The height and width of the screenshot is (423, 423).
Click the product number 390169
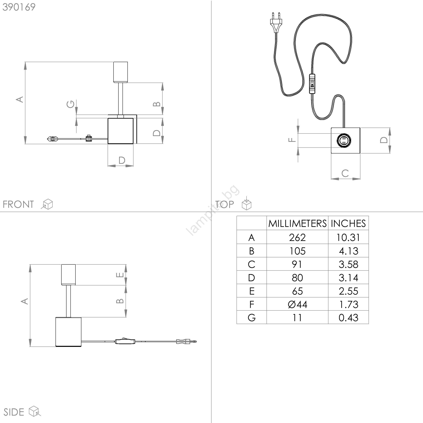[19, 7]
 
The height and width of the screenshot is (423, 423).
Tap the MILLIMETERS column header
[297, 224]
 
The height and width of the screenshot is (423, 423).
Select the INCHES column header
[348, 224]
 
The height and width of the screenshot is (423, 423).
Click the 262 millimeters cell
[297, 237]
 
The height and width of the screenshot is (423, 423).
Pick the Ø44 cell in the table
[297, 304]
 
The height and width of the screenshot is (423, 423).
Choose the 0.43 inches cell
[348, 318]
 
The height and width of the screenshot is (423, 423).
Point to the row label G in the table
[252, 318]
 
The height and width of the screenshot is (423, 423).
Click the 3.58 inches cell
[348, 264]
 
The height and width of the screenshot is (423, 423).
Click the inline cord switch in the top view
[312, 84]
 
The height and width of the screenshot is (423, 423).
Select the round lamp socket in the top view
[344, 140]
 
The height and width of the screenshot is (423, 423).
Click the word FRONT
[18, 204]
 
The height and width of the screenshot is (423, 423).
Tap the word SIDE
[14, 412]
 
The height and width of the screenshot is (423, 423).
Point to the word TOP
[224, 204]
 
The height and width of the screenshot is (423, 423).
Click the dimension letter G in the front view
[71, 104]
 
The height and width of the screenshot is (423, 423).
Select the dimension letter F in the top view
[292, 140]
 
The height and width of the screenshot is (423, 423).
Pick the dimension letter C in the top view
[345, 173]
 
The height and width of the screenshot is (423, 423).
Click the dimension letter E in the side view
[120, 275]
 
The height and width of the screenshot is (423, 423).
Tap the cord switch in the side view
[125, 341]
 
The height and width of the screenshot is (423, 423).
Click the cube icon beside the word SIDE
[35, 411]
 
